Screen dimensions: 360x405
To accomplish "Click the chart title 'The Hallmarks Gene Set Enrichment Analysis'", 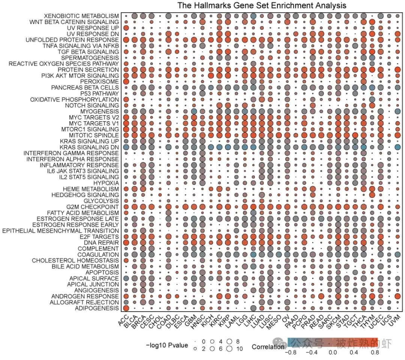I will click(261, 5).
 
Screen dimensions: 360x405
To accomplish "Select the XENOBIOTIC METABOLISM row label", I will click(81, 16).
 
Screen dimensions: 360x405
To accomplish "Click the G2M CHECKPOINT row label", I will click(93, 207).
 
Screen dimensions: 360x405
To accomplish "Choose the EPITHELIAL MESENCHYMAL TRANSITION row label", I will click(61, 230).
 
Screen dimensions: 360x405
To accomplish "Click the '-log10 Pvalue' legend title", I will click(167, 345).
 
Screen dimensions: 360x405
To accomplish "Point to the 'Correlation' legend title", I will click(268, 347).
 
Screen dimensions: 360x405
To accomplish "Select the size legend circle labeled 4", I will click(212, 342).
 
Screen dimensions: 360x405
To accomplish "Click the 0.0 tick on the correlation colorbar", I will click(332, 352).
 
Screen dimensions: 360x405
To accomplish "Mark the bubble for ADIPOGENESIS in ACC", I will click(126, 308).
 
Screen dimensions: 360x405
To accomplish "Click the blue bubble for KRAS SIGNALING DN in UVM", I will click(397, 147).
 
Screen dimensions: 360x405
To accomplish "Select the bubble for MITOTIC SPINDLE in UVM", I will click(397, 135).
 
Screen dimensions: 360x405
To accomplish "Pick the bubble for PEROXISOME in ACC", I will click(126, 81).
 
